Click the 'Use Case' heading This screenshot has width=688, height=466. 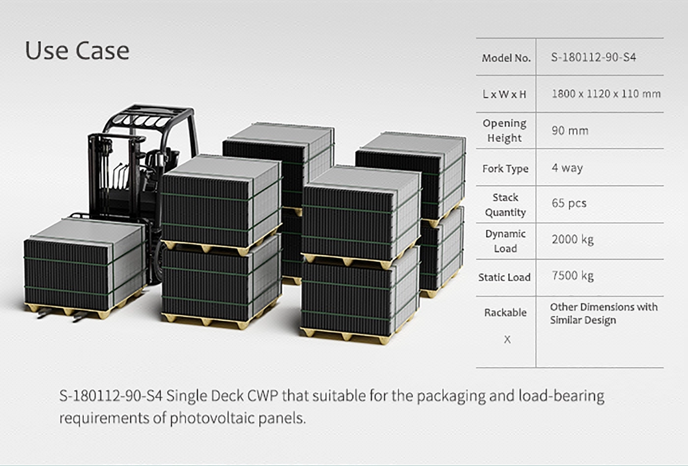pos(77,51)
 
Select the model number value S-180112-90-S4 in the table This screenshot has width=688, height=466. pos(593,57)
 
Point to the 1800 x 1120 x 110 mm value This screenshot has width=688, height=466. pos(606,94)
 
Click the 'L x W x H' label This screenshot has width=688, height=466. pos(504,94)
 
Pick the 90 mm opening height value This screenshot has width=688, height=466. pos(570,131)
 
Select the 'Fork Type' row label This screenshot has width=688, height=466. pos(505,168)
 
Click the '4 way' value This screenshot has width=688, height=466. pos(567,168)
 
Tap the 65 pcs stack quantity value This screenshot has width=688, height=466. pos(569,203)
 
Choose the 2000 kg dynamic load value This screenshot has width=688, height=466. pos(573,240)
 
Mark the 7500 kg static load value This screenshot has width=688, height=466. pos(573,275)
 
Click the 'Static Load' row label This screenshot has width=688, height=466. pos(504,277)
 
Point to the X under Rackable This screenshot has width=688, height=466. pos(507,339)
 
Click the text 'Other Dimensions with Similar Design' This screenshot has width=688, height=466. pos(604,313)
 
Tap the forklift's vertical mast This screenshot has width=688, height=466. pos(101,175)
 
